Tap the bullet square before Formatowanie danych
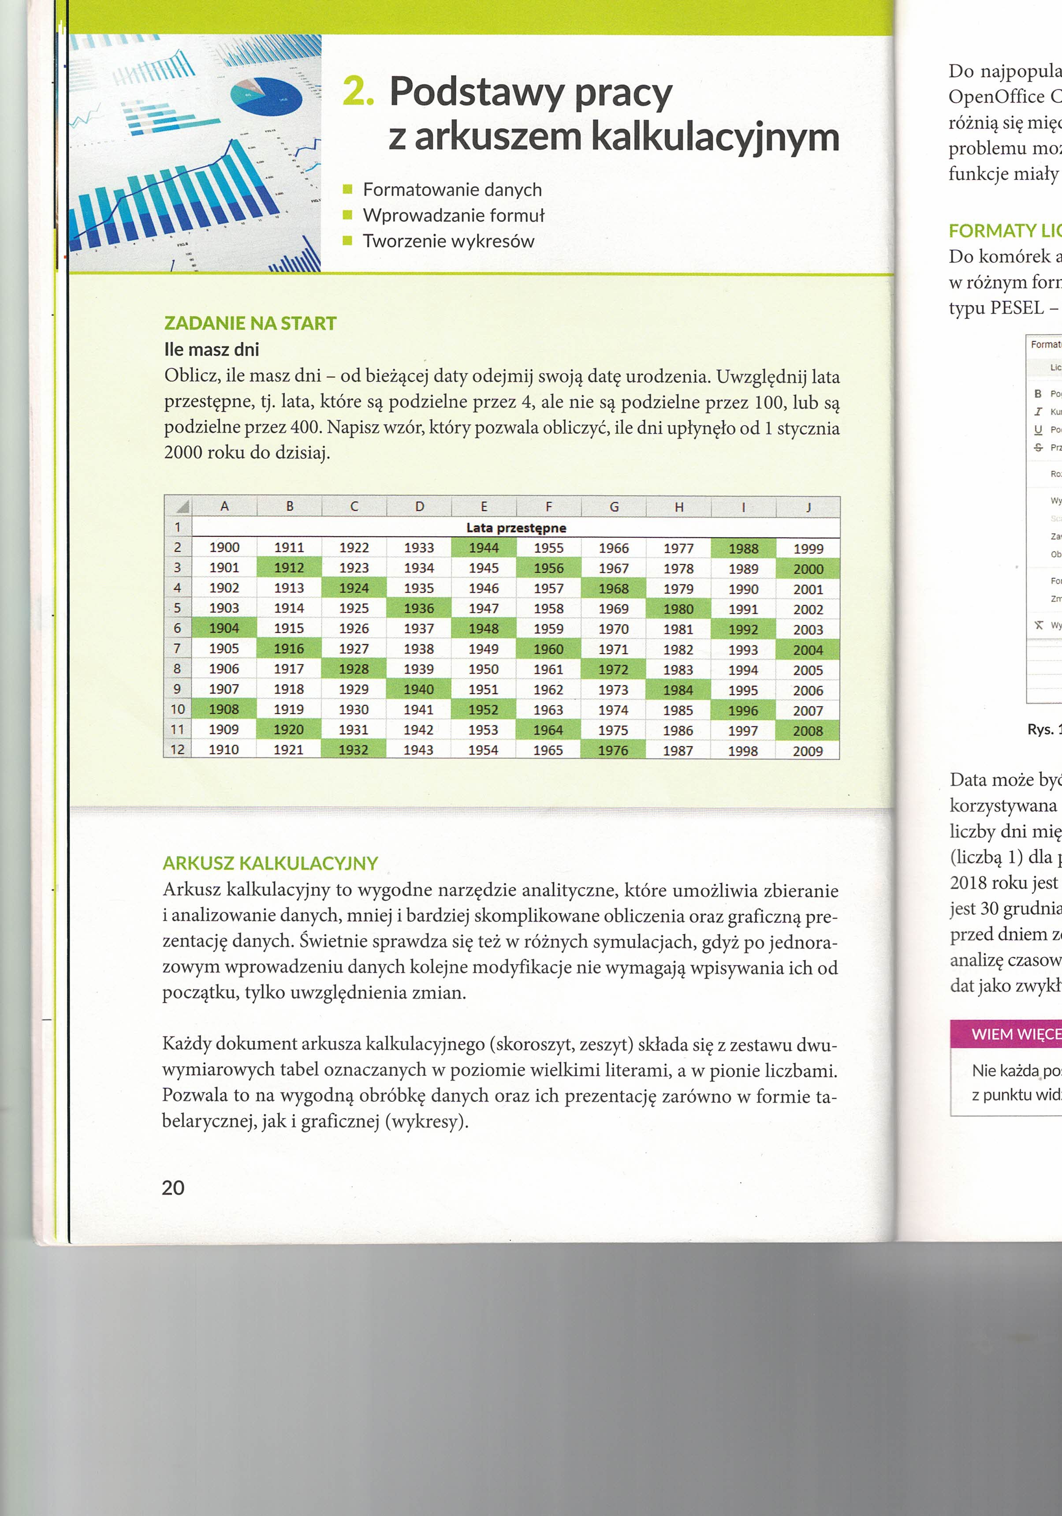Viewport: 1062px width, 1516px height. [348, 190]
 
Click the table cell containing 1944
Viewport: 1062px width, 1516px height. [483, 547]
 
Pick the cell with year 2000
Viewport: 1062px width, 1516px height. [808, 569]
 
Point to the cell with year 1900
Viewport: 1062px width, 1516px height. [224, 547]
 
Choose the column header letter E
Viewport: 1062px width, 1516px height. [483, 506]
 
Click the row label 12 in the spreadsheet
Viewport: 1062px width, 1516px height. [177, 749]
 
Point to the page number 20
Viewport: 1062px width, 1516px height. [173, 1187]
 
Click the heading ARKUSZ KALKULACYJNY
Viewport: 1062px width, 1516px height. [270, 863]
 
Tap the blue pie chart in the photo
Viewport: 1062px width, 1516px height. [267, 97]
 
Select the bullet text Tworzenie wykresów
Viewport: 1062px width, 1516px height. [448, 241]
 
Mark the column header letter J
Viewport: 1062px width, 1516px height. [808, 507]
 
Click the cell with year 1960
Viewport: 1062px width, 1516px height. [548, 649]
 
